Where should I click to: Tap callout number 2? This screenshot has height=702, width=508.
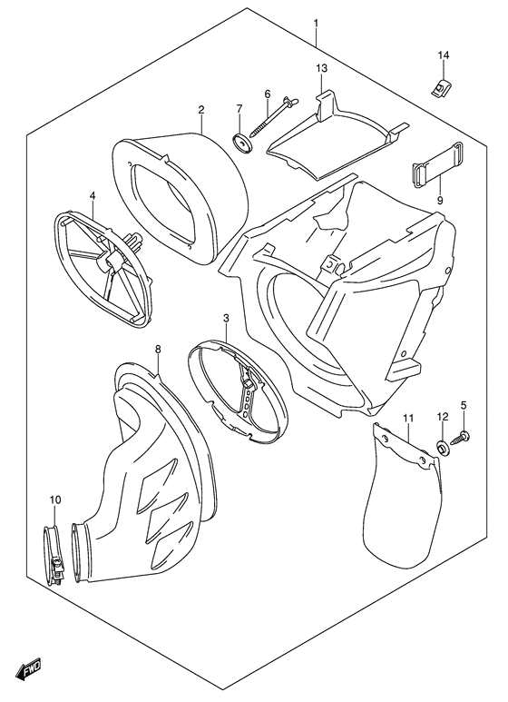click(200, 110)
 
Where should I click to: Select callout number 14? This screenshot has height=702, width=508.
click(444, 56)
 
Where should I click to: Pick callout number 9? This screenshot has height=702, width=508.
click(439, 201)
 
